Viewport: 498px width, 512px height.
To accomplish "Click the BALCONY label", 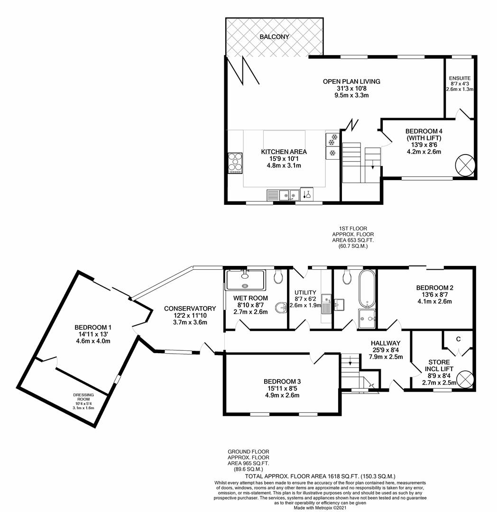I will click(x=274, y=37).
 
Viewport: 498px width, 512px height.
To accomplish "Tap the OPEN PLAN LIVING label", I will click(x=351, y=82).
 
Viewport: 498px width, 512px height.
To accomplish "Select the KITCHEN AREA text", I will click(x=284, y=152).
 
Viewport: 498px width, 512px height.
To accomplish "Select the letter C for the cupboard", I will click(x=458, y=339).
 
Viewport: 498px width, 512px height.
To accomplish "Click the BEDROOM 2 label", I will click(x=435, y=287).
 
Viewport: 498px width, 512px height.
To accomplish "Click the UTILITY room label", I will click(x=305, y=293).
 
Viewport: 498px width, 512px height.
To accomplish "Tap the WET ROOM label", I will click(x=250, y=298).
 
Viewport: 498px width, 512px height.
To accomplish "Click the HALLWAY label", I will click(x=386, y=343).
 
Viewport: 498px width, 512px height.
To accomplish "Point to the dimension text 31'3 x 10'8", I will click(x=351, y=88).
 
